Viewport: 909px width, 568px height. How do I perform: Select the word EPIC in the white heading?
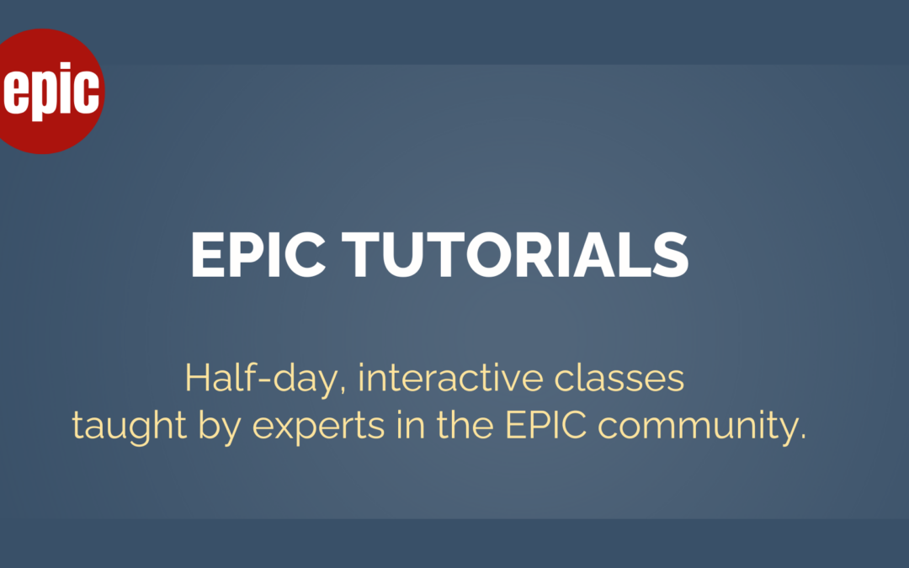[x=258, y=255]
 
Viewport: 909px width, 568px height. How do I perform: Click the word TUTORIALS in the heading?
[x=515, y=255]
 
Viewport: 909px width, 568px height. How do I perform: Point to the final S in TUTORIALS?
[x=671, y=255]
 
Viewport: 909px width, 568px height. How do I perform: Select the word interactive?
[x=450, y=378]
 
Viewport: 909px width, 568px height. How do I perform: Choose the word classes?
[x=619, y=378]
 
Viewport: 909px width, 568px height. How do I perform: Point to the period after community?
[x=802, y=438]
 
